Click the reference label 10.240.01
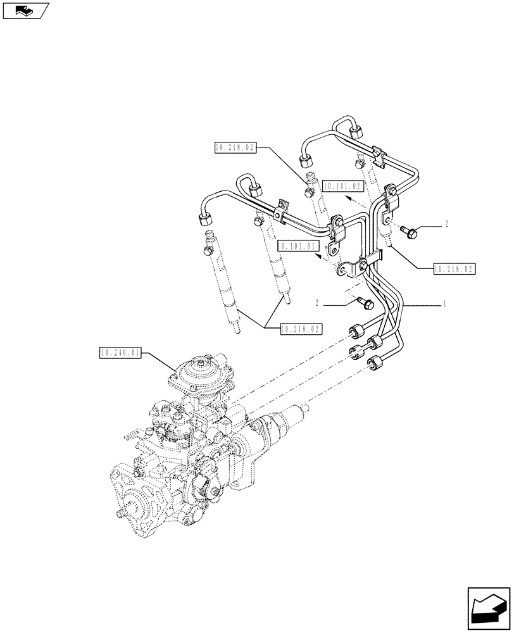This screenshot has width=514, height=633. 120,352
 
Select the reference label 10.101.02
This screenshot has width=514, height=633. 344,186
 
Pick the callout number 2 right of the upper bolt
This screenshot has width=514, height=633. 446,224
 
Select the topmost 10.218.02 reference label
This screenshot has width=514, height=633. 235,148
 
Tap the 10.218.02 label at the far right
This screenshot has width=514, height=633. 454,268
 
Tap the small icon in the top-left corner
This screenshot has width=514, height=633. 25,10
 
